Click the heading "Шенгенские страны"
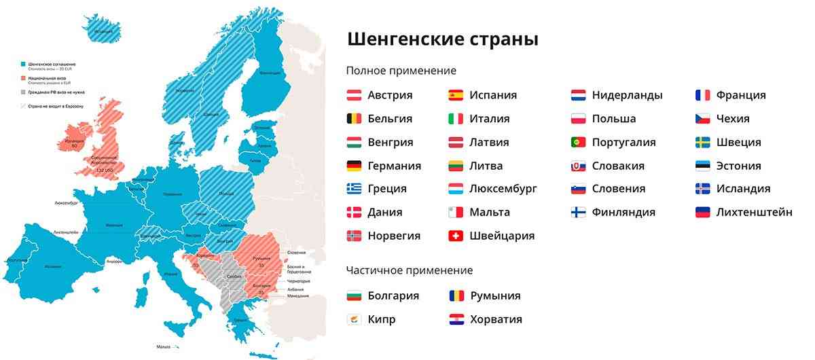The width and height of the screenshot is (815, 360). point(443,39)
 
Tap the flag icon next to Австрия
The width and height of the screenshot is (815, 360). point(354,95)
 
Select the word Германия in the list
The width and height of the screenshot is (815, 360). point(394,166)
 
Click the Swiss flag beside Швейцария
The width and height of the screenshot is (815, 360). point(456,236)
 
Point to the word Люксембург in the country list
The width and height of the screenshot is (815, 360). point(503,189)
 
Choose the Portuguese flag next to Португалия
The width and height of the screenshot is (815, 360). point(578,143)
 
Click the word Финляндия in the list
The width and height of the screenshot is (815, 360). point(623,213)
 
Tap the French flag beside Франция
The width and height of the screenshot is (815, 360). point(702,95)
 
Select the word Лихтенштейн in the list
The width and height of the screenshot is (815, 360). point(754,213)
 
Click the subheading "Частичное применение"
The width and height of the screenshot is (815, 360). point(409,270)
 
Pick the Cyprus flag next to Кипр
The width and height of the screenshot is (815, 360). point(354,319)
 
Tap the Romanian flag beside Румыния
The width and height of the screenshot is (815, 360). point(456,296)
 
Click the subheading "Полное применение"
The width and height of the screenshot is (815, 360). point(401,71)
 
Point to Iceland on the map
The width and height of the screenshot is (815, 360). point(103,31)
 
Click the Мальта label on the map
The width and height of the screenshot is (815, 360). point(164,347)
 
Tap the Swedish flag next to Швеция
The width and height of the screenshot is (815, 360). point(702,143)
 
